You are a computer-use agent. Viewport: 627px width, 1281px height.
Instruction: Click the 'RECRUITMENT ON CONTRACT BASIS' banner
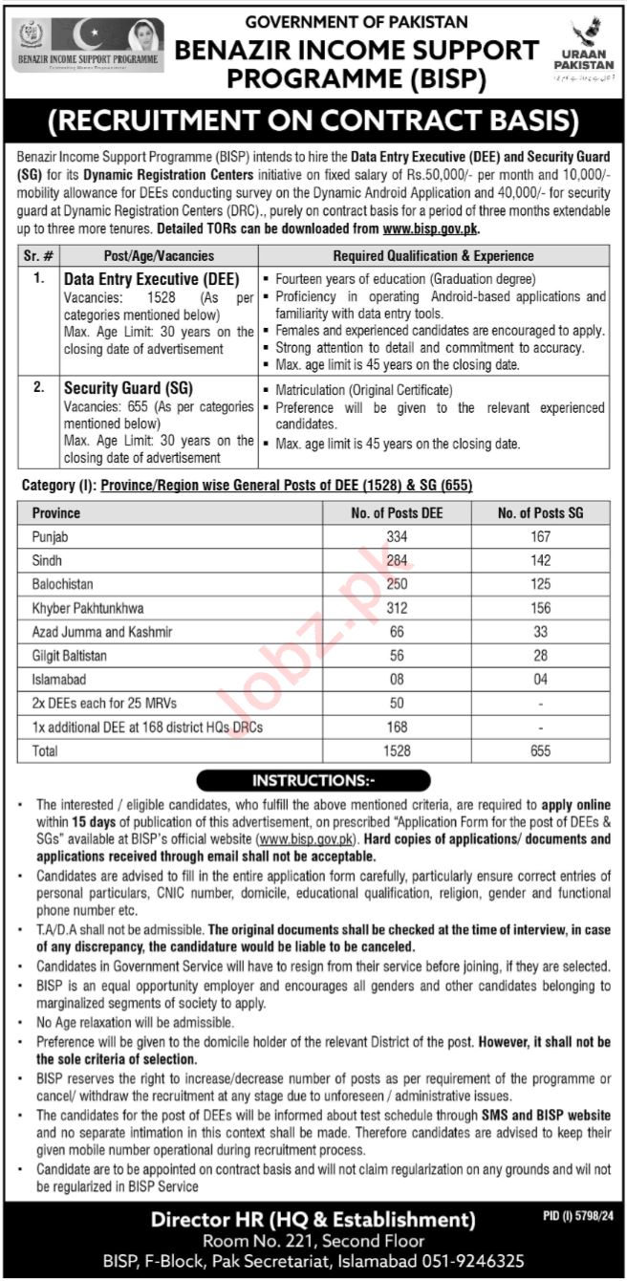(313, 119)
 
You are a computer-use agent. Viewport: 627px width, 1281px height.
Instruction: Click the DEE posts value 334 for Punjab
(397, 537)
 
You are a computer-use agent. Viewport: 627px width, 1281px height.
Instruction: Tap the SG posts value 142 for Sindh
(540, 558)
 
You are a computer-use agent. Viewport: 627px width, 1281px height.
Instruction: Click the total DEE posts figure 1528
(397, 751)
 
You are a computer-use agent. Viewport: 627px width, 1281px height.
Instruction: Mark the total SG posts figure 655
(540, 751)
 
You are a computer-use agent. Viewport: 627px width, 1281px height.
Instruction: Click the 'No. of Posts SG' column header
(540, 513)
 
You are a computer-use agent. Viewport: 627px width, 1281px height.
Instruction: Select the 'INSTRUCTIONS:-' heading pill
(313, 781)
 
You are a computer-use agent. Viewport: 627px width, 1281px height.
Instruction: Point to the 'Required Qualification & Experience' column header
(433, 256)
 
